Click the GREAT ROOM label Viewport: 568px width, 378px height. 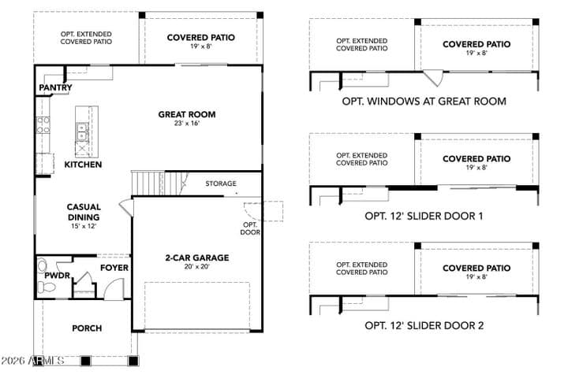pos(186,114)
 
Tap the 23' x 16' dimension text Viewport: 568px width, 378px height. pos(186,124)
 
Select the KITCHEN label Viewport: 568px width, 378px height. pos(83,165)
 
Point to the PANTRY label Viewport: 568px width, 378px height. pos(55,87)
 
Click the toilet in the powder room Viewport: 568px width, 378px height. pos(47,287)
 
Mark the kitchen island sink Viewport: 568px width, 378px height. pos(82,132)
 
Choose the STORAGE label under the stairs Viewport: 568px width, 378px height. pos(221,183)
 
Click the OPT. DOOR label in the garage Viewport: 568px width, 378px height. pos(250,228)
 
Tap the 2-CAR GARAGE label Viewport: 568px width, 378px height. pos(197,258)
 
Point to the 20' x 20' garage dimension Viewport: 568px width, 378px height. pos(197,267)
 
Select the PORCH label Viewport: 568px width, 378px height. pos(87,328)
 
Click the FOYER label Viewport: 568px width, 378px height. pos(114,268)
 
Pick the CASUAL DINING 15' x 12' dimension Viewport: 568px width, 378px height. pos(84,227)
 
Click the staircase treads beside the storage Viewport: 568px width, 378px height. pos(159,183)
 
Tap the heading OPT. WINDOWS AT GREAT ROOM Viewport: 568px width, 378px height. pos(424,102)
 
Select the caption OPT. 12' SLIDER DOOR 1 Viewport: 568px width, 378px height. pos(424,217)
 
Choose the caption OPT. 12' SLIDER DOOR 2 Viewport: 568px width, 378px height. pos(424,325)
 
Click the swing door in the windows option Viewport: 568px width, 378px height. pos(435,77)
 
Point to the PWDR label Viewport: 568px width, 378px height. pos(57,276)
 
